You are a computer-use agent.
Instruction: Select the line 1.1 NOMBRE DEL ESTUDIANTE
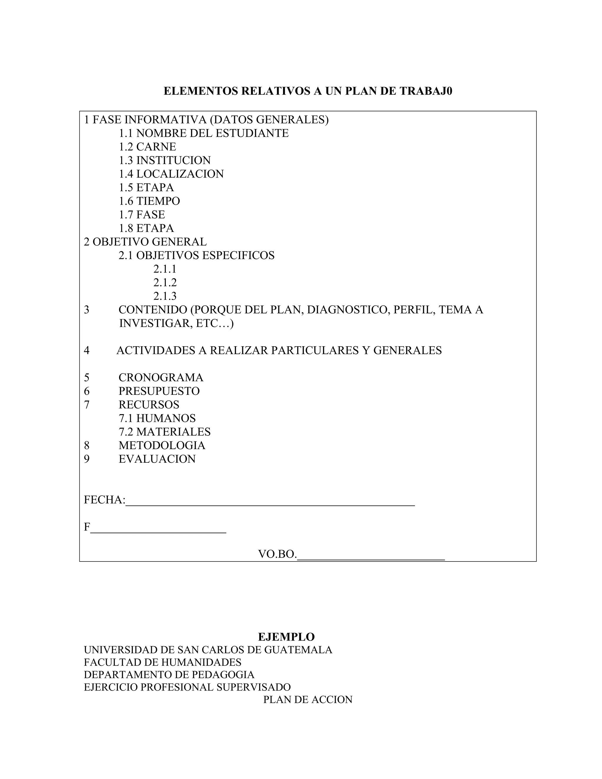coord(203,133)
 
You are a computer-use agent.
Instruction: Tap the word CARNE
coord(156,147)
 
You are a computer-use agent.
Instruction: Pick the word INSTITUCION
coord(173,161)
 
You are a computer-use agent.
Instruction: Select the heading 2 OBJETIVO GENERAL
coord(145,242)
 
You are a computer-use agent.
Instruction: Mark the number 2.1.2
coord(165,282)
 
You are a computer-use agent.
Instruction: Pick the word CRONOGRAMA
coord(161,377)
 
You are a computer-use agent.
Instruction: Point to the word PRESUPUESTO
coord(159,391)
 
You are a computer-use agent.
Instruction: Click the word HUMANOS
coord(166,418)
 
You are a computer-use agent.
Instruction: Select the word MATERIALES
coord(173,432)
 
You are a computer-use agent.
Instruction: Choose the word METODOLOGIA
coord(162,445)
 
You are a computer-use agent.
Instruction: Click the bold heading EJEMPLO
coord(286,637)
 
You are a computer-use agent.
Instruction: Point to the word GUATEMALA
coord(298,650)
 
